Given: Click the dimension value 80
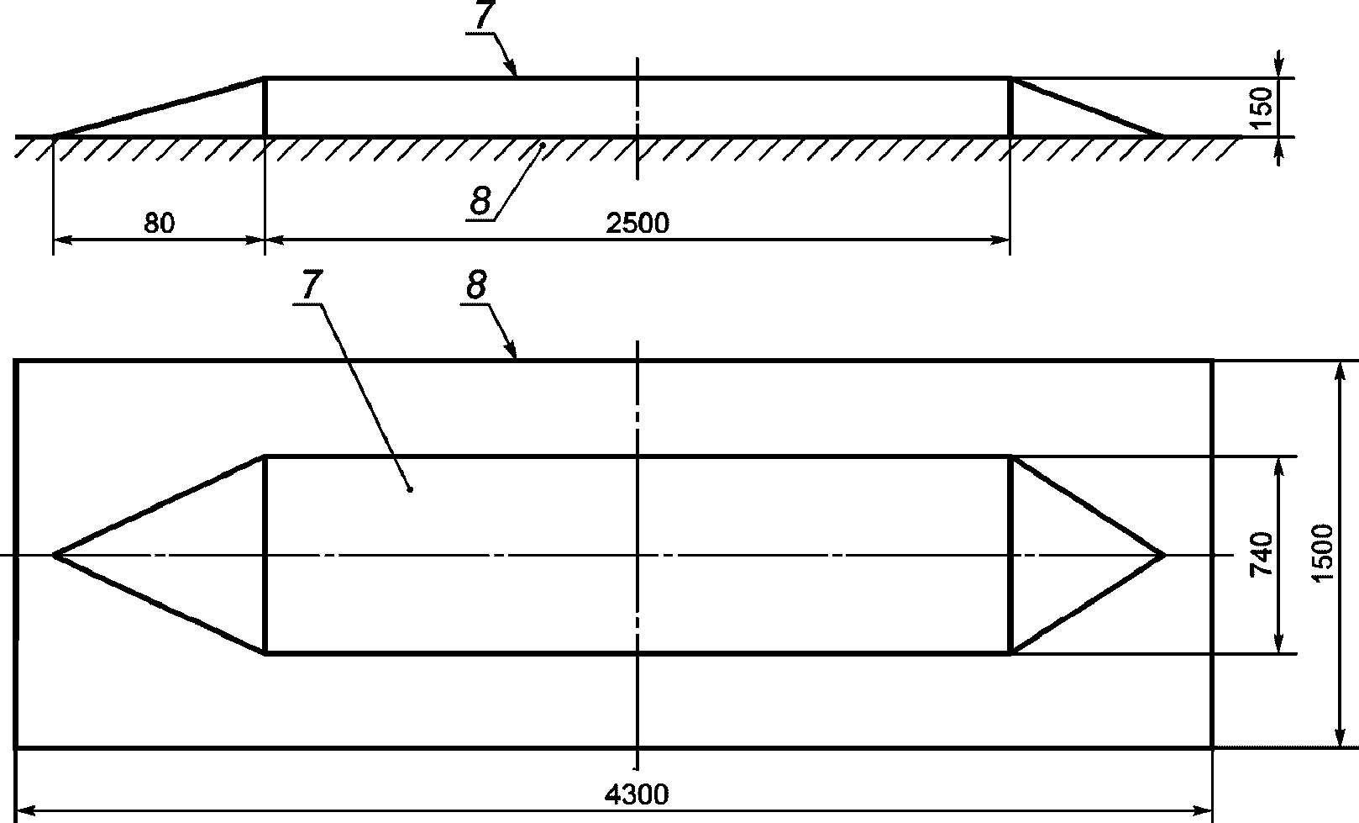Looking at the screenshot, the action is click(159, 224).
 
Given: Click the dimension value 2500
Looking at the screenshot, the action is click(638, 224).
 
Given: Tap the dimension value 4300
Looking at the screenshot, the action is click(638, 794).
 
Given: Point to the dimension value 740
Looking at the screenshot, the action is click(1262, 554).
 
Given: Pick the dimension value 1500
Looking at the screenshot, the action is click(1322, 553).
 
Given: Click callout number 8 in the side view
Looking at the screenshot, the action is click(480, 203).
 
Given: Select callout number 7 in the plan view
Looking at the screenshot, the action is click(308, 288).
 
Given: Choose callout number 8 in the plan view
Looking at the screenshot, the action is click(475, 287).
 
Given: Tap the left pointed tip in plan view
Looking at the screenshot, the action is click(55, 555).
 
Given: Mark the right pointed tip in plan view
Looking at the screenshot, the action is click(1163, 555).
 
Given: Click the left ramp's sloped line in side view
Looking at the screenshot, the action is click(160, 107).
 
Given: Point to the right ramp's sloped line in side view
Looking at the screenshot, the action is click(1087, 107).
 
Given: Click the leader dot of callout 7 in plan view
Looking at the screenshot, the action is click(409, 489).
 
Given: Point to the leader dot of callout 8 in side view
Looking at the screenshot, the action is click(543, 145).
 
